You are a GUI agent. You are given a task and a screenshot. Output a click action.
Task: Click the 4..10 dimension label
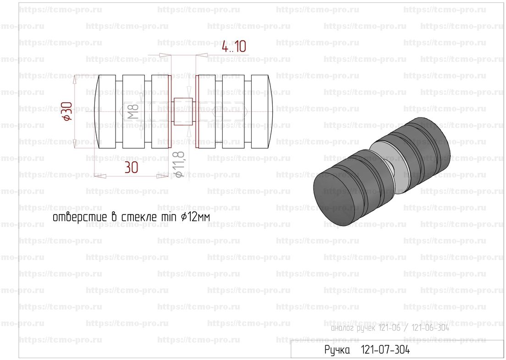pos(234,46)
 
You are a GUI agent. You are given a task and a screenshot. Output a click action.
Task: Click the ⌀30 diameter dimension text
pos(67,111)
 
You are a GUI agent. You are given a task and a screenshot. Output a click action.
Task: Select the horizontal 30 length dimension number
pos(132,167)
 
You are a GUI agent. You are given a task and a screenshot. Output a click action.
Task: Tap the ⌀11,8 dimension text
pos(179,164)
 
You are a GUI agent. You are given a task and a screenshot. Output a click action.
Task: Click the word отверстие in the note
pos(79,217)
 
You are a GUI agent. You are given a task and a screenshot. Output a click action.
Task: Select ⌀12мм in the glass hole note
pos(196,216)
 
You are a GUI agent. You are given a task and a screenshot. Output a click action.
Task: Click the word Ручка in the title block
pos(337,350)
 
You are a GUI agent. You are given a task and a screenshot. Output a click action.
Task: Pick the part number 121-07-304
pos(385,349)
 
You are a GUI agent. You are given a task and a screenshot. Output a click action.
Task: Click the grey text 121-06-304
pos(430,328)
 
